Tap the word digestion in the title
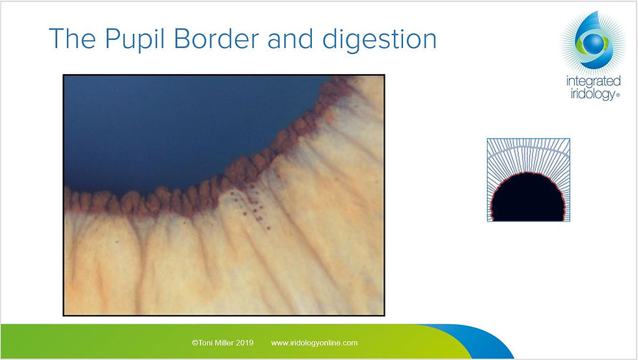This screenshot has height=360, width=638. (x=379, y=40)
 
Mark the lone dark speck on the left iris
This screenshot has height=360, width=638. (x=117, y=241)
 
